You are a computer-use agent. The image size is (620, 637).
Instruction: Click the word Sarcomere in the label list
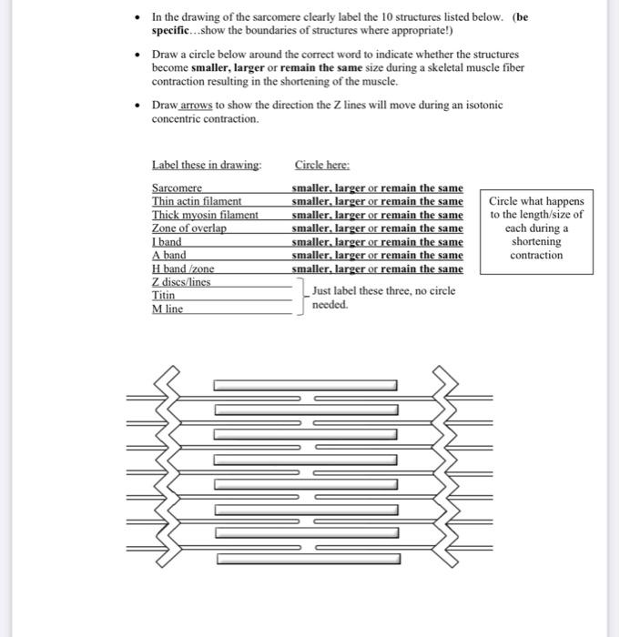pos(177,187)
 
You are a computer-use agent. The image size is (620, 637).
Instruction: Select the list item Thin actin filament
pos(196,201)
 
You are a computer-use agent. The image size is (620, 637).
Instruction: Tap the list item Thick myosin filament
pos(205,215)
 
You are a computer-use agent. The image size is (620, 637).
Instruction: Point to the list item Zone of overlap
pos(188,228)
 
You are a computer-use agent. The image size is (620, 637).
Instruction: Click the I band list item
pos(167,242)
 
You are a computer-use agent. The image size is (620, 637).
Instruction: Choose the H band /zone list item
pos(183,269)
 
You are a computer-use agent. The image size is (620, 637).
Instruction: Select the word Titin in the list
pos(164,296)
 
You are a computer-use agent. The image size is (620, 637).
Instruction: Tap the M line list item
pos(168,309)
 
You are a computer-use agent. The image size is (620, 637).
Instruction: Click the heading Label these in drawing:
pos(207,165)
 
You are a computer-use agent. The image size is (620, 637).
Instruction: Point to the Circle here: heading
pos(322,165)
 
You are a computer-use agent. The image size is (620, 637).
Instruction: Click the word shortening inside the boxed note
pos(536,242)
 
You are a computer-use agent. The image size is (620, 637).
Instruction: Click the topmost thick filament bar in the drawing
pos(305,385)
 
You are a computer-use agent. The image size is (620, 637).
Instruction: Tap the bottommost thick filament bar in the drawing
pos(309,558)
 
